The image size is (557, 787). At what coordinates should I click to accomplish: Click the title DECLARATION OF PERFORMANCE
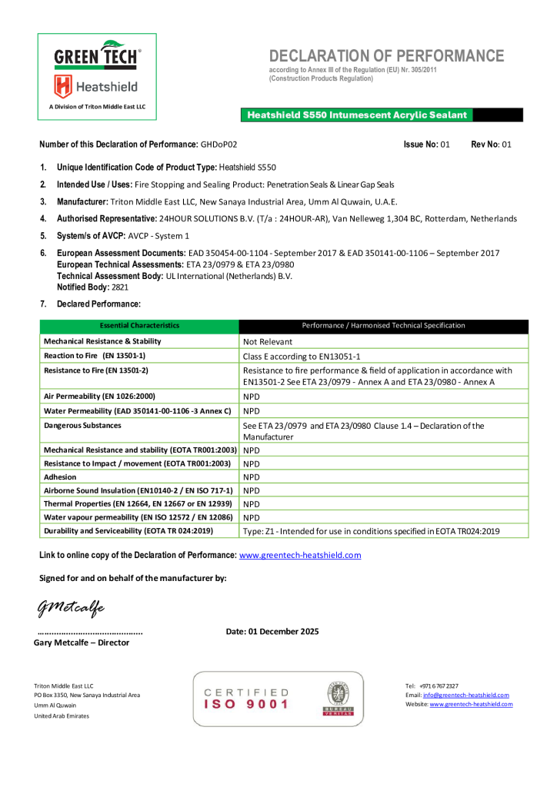click(x=386, y=56)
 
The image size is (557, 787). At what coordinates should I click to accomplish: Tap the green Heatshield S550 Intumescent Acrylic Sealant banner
click(x=357, y=115)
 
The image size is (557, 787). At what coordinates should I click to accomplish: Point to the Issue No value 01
click(x=445, y=144)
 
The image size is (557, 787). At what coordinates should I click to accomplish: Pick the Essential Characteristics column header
click(x=139, y=326)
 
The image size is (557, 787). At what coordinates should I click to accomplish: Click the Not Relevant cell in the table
click(x=268, y=341)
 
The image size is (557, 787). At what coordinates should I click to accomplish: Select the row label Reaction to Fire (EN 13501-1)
click(x=95, y=356)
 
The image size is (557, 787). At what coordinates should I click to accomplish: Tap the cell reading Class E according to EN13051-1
click(x=302, y=357)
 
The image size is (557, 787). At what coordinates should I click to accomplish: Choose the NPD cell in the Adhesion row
click(x=252, y=477)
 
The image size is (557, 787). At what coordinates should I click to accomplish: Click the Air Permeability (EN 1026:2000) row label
click(x=100, y=397)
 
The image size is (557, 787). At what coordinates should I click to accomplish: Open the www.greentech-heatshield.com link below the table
click(x=300, y=555)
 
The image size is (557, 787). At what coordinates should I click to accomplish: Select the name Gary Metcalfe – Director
click(x=82, y=643)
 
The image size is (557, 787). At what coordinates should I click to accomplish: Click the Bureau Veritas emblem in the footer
click(x=339, y=698)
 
